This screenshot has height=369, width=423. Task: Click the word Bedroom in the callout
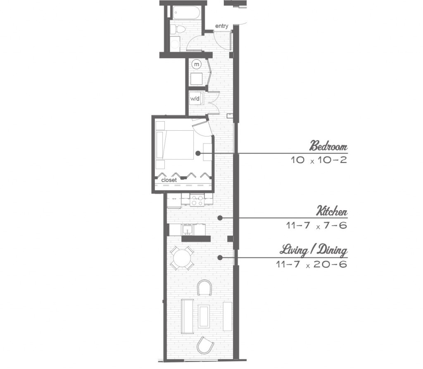click(328, 146)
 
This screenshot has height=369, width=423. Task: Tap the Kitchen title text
click(332, 211)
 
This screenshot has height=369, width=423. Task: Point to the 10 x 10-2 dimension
click(318, 160)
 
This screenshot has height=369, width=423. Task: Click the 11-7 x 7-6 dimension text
click(316, 225)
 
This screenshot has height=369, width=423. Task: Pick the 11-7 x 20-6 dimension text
click(311, 264)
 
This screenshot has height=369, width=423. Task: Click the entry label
click(221, 26)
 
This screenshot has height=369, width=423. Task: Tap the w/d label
click(195, 98)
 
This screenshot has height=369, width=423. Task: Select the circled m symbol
click(197, 64)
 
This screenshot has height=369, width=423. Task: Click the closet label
click(169, 180)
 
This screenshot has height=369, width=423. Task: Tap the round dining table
click(182, 258)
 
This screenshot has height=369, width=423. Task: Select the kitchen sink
click(187, 230)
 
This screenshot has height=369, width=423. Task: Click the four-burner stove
click(197, 200)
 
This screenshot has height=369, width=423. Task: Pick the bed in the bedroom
click(175, 145)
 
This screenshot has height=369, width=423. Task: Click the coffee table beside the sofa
click(204, 316)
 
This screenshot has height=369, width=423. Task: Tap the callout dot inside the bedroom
click(198, 153)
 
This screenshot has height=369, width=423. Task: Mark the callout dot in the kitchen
click(220, 218)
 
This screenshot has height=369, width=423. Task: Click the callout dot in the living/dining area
click(220, 258)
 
